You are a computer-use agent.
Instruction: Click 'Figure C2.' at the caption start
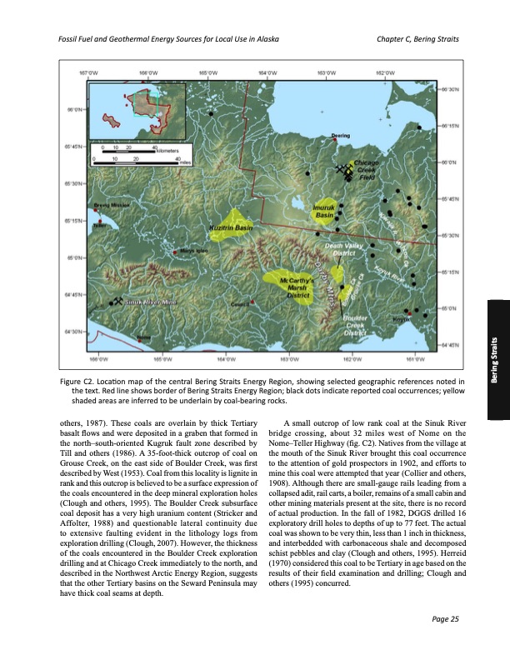(x=80, y=380)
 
